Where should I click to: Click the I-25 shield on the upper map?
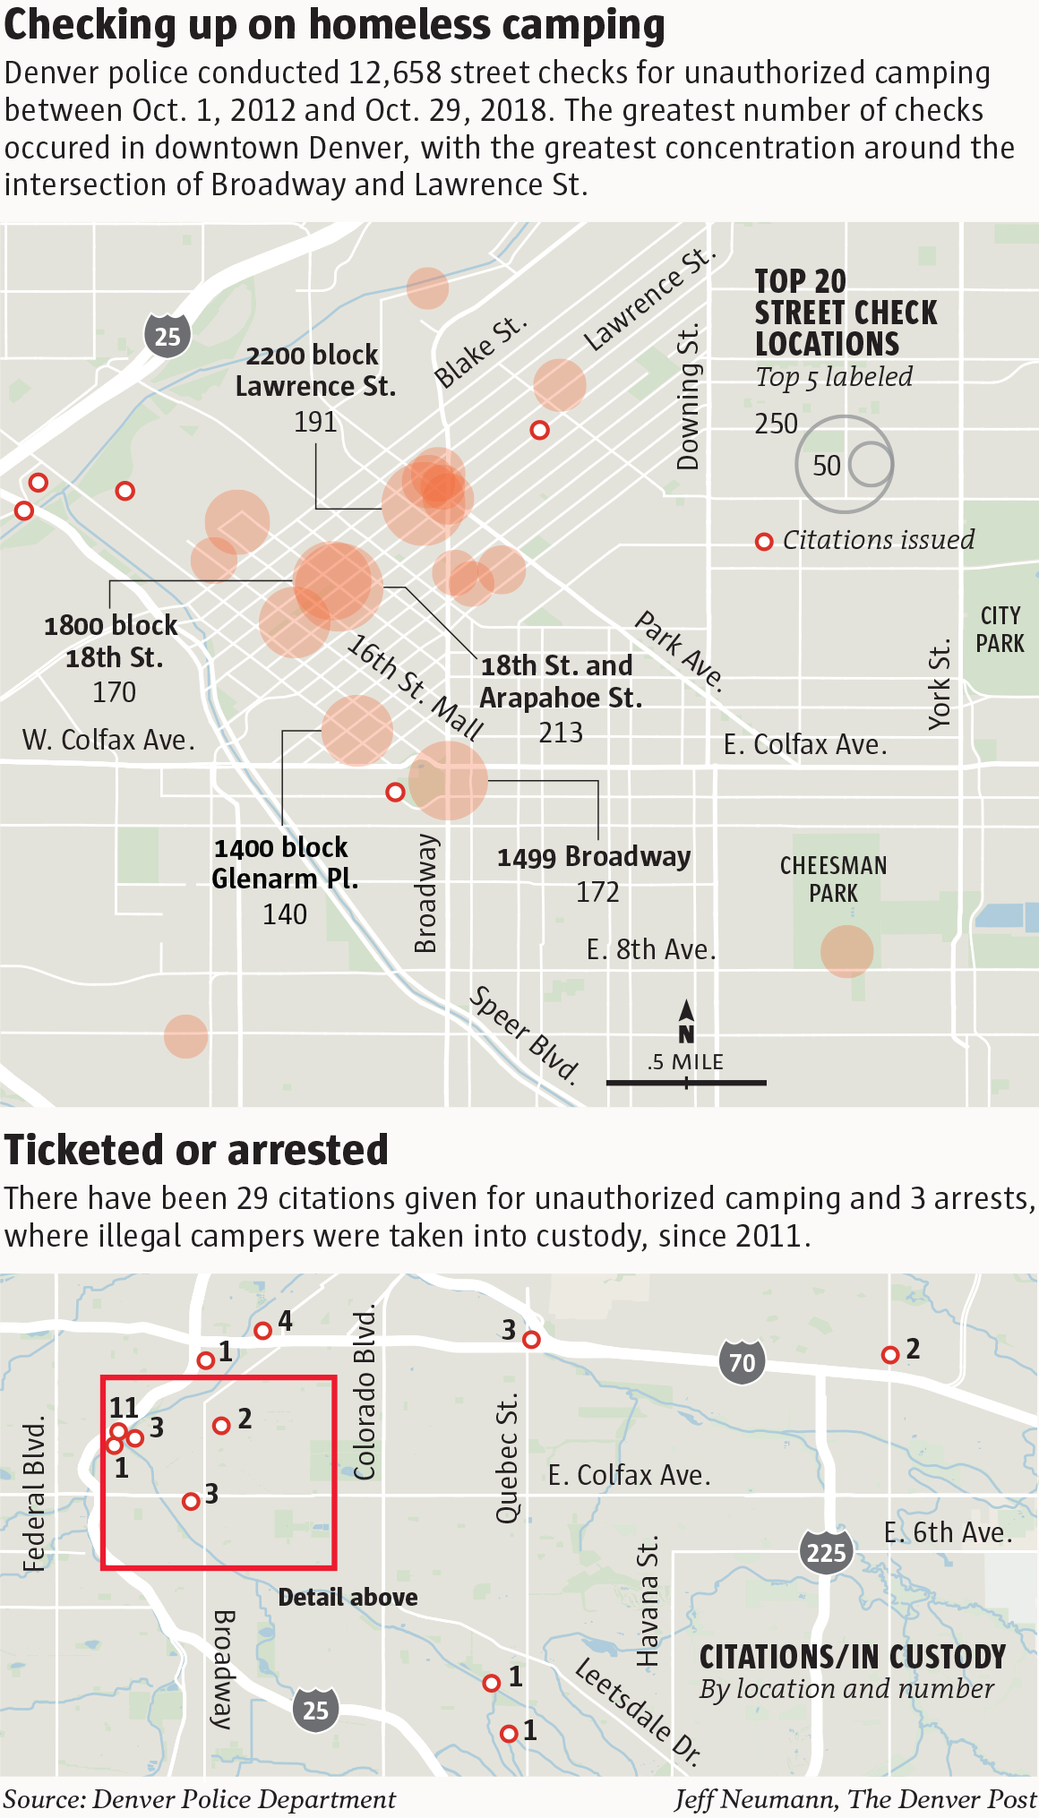pyautogui.click(x=167, y=336)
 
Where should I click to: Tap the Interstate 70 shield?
pyautogui.click(x=742, y=1362)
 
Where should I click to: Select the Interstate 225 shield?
pyautogui.click(x=826, y=1551)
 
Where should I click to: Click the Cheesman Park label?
pyautogui.click(x=833, y=879)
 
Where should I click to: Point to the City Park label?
pyautogui.click(x=1000, y=630)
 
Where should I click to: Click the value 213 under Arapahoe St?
pyautogui.click(x=561, y=733)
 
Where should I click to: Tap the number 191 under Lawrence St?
pyautogui.click(x=315, y=421)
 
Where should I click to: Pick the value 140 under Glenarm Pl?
pyautogui.click(x=285, y=914)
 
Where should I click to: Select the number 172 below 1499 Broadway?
pyautogui.click(x=597, y=892)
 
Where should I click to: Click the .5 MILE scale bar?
pyautogui.click(x=686, y=1082)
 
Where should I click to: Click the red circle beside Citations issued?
pyautogui.click(x=764, y=542)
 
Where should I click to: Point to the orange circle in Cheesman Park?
pyautogui.click(x=846, y=951)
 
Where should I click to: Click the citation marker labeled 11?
pyautogui.click(x=118, y=1431)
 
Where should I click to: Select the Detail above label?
pyautogui.click(x=348, y=1597)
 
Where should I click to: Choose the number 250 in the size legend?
pyautogui.click(x=776, y=424)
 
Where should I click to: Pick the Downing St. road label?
pyautogui.click(x=688, y=398)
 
